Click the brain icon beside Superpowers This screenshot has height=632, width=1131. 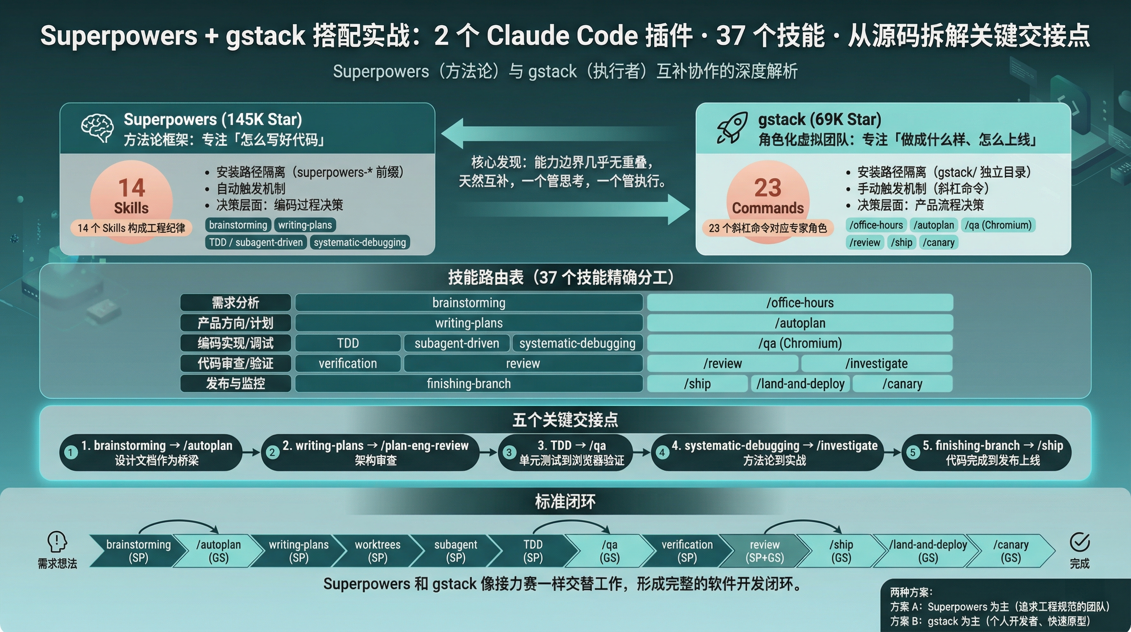tap(97, 128)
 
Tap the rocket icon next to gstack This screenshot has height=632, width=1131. tap(732, 128)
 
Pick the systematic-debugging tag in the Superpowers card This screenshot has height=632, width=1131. tap(360, 242)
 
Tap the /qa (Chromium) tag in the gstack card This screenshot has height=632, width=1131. tap(998, 225)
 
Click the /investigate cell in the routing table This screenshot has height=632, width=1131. tap(876, 363)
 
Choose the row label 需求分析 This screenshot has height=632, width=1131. tap(235, 303)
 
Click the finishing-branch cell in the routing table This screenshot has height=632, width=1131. tap(469, 383)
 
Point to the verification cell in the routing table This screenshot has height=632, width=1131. tap(348, 363)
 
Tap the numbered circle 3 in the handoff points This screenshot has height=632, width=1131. tap(509, 452)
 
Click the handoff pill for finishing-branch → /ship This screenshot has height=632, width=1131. tap(986, 453)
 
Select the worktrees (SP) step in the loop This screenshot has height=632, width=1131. tap(378, 551)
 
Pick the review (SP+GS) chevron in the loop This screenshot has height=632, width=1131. tap(764, 551)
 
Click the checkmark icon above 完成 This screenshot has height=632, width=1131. tap(1079, 542)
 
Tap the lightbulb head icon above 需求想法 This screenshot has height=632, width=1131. tap(57, 541)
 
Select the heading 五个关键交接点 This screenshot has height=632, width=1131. tap(565, 420)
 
